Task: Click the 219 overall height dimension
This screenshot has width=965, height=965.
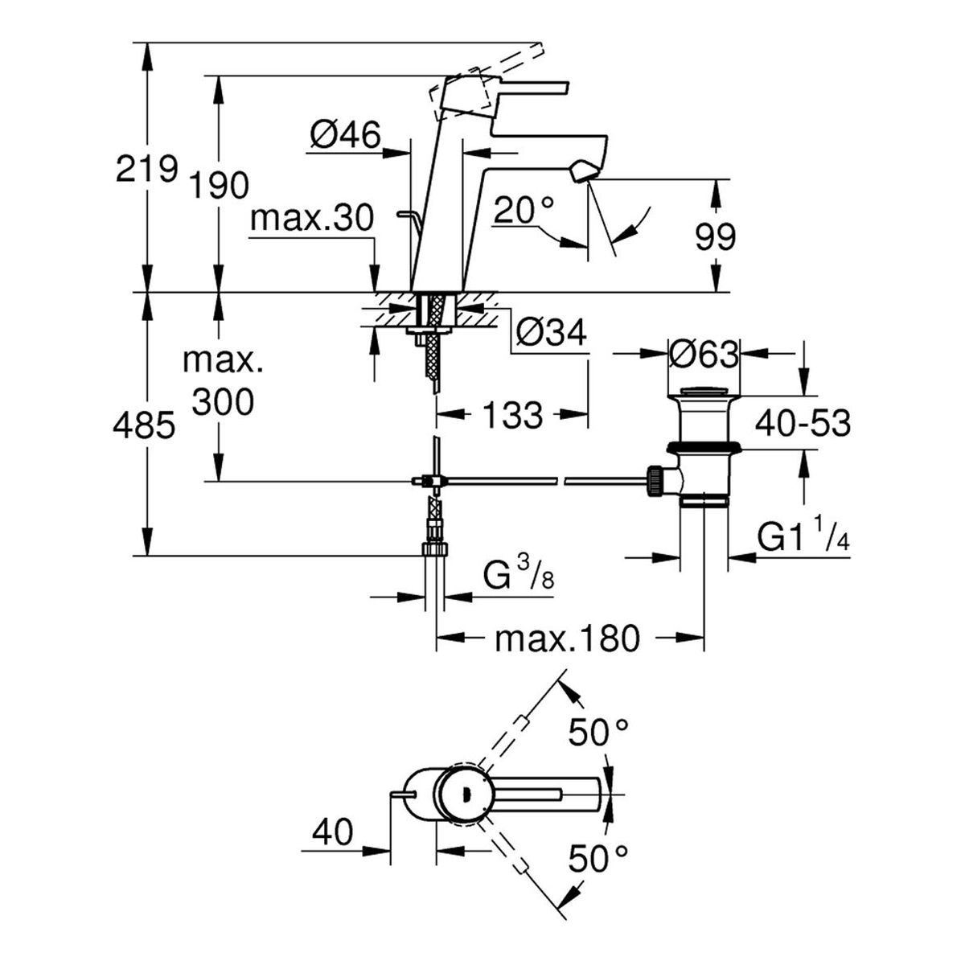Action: coord(146,168)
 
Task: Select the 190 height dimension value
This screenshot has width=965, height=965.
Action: coord(219,185)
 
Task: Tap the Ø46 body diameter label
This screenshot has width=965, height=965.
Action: coord(345,134)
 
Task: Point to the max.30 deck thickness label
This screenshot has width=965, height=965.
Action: coord(312,218)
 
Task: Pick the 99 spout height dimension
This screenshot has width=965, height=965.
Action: coord(715,237)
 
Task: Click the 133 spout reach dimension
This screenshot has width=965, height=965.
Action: coord(513,415)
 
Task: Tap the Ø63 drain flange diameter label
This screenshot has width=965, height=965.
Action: coord(704,355)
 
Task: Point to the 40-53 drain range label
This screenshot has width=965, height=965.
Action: coord(803,423)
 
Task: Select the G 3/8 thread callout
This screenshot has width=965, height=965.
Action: coord(519,577)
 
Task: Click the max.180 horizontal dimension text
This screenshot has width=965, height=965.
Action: coord(568,638)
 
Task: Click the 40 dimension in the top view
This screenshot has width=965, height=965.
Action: coord(332,833)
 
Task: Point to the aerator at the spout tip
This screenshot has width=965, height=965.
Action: coord(583,170)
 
